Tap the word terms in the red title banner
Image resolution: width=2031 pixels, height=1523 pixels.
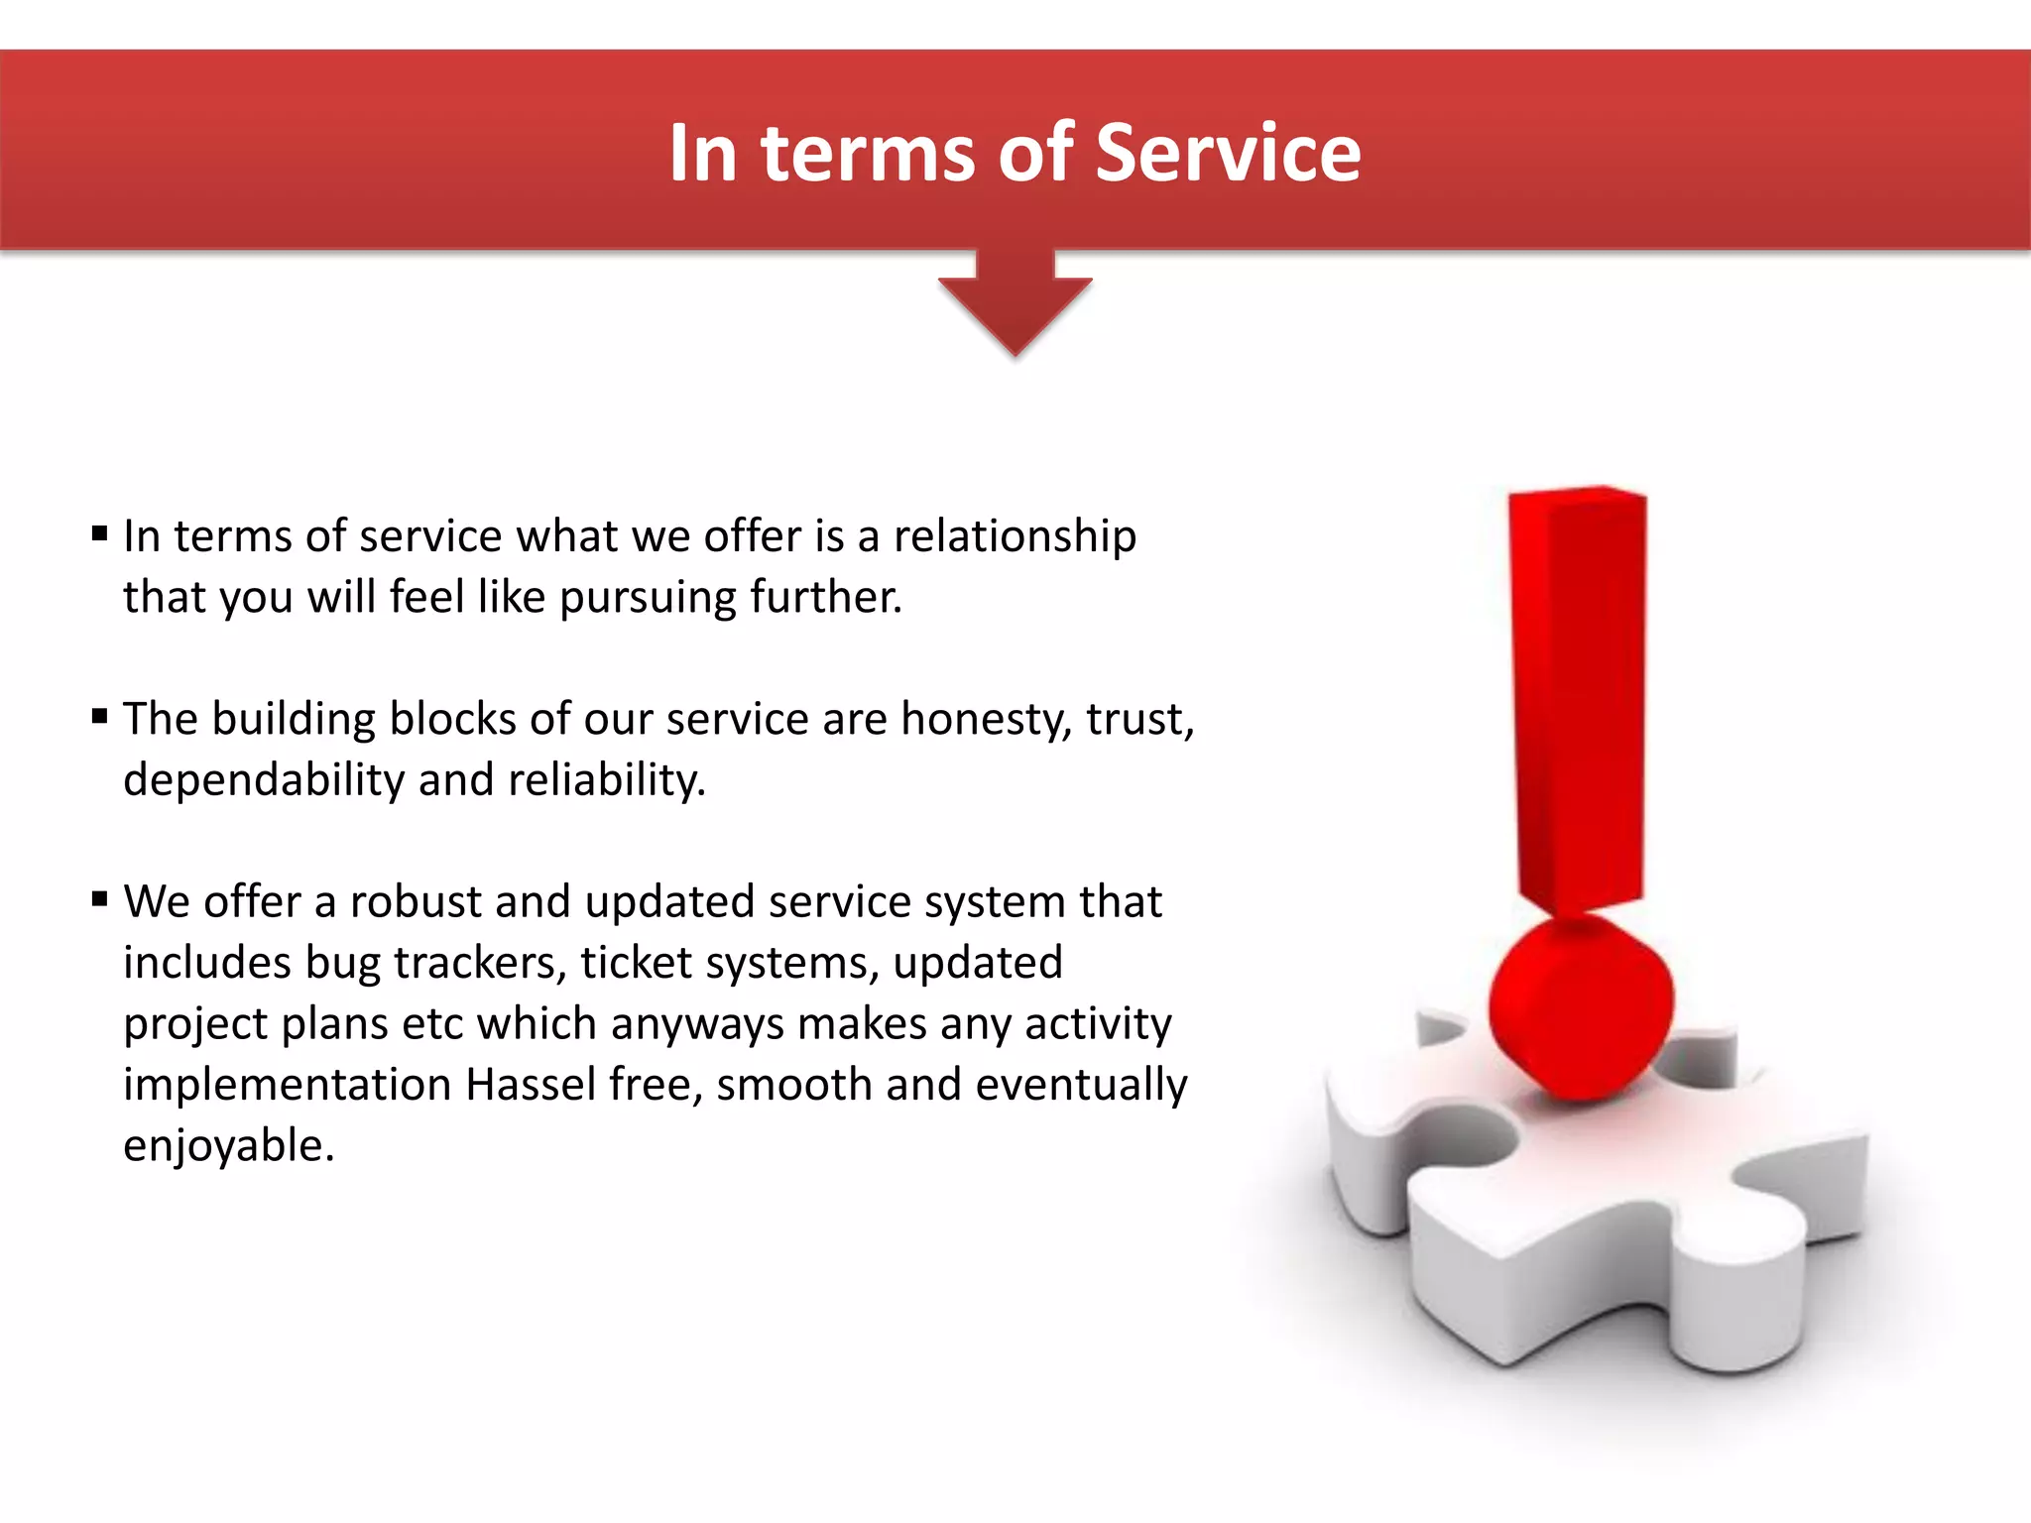pos(868,155)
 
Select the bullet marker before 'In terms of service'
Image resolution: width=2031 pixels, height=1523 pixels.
pos(99,534)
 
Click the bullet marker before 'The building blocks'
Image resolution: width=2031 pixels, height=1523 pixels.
pos(99,717)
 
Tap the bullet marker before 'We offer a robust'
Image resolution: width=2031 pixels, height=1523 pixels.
pos(99,900)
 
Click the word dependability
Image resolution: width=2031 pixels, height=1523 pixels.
pos(264,780)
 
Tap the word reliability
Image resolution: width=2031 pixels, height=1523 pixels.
pos(606,780)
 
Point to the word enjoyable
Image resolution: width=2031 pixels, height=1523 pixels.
pos(228,1147)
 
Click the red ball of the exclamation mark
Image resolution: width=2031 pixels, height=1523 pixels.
pos(1581,1007)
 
